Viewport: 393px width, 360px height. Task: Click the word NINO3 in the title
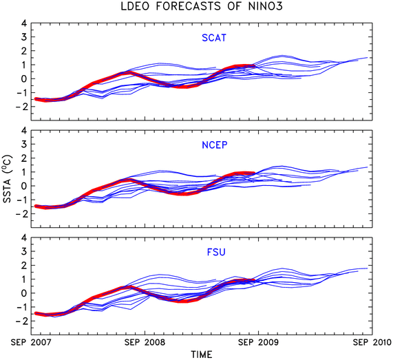[x=265, y=6]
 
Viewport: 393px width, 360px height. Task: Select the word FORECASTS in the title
[x=188, y=6]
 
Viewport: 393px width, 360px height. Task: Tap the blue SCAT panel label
[x=214, y=38]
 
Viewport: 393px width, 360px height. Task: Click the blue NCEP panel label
[x=215, y=145]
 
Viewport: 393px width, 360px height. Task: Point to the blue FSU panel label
[x=216, y=252]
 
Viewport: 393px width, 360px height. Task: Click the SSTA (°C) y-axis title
[x=8, y=179]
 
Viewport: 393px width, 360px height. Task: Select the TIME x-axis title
[x=202, y=354]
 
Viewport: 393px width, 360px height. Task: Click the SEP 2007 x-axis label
[x=31, y=342]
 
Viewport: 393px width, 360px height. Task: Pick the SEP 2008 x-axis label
[x=145, y=342]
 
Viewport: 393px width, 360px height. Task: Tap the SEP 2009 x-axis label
[x=258, y=342]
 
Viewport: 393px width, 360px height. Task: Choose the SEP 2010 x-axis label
[x=372, y=342]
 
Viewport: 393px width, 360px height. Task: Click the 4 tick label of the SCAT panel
[x=23, y=23]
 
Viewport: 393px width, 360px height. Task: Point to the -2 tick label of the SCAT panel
[x=21, y=107]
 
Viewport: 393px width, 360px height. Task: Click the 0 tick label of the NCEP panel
[x=24, y=186]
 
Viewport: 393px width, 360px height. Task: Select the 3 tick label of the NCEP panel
[x=24, y=144]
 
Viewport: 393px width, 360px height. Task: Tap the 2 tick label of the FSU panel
[x=24, y=265]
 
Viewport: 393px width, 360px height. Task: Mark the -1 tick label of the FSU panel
[x=21, y=307]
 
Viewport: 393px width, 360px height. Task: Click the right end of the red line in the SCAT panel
[x=255, y=67]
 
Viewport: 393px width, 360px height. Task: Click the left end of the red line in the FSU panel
[x=36, y=313]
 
